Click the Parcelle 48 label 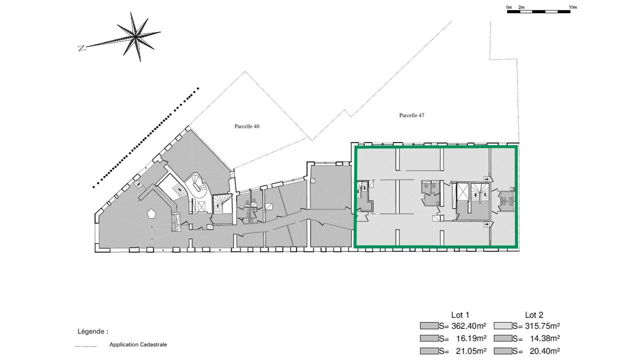(247, 126)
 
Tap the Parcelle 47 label (411, 115)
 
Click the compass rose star (134, 36)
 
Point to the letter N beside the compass (81, 48)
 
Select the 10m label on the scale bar (573, 7)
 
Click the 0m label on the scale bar (508, 7)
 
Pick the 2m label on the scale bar (521, 7)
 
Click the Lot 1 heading (460, 315)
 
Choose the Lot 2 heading (533, 315)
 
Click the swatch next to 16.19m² (429, 338)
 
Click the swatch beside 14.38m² (502, 338)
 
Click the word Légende (92, 331)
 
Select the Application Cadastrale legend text (138, 344)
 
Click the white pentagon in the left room (152, 214)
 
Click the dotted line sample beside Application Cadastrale (85, 346)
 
